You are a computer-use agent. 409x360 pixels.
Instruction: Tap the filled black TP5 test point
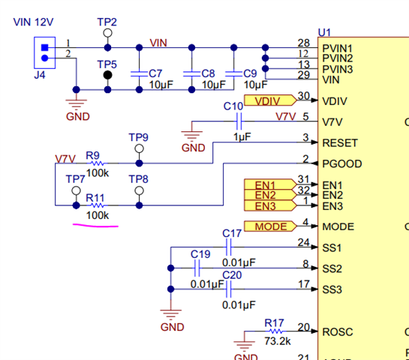[x=107, y=75]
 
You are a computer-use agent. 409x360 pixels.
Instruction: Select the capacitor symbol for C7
[x=139, y=73]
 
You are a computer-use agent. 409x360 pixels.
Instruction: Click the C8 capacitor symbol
[x=191, y=73]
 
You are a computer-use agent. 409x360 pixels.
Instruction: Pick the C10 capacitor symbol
[x=239, y=121]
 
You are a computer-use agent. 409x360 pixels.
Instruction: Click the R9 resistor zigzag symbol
[x=97, y=163]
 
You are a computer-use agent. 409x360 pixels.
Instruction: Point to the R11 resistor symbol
[x=97, y=205]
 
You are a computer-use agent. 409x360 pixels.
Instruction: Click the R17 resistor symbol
[x=275, y=331]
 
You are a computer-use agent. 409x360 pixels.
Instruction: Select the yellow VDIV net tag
[x=270, y=100]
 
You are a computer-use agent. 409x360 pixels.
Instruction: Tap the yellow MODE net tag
[x=270, y=226]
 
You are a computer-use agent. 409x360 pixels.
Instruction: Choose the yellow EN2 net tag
[x=270, y=195]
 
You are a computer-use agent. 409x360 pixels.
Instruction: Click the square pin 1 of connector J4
[x=44, y=48]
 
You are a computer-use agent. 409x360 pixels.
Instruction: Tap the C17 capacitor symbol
[x=228, y=247]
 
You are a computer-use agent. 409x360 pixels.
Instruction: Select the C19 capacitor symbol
[x=197, y=268]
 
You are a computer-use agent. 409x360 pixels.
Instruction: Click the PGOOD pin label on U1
[x=342, y=164]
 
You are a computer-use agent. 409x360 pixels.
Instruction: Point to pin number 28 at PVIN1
[x=304, y=43]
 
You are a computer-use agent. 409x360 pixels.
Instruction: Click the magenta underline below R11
[x=95, y=226]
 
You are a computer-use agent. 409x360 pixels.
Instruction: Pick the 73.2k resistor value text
[x=278, y=341]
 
